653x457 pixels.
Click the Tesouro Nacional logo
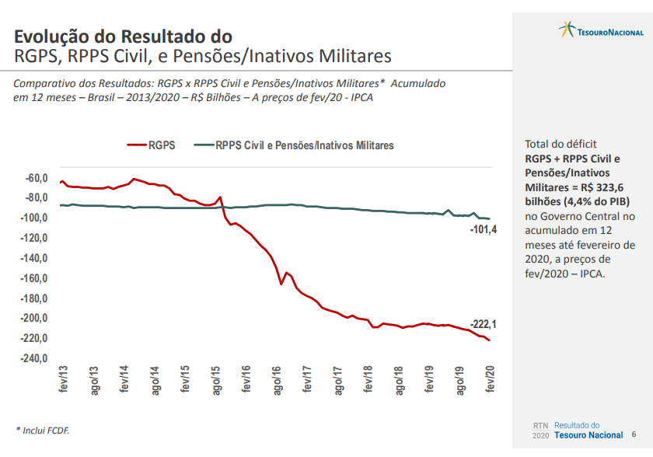[x=601, y=30]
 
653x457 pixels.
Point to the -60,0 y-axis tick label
[x=37, y=178]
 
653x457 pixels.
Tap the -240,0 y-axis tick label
[x=34, y=358]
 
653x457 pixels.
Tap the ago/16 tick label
[x=277, y=380]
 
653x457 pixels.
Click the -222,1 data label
[x=483, y=324]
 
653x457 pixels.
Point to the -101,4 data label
[x=483, y=229]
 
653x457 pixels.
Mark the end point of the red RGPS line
[x=490, y=340]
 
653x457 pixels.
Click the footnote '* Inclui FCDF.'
[x=43, y=430]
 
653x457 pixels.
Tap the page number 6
[x=634, y=434]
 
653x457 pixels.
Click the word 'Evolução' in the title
[x=55, y=37]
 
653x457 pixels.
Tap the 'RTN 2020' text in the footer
[x=540, y=431]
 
